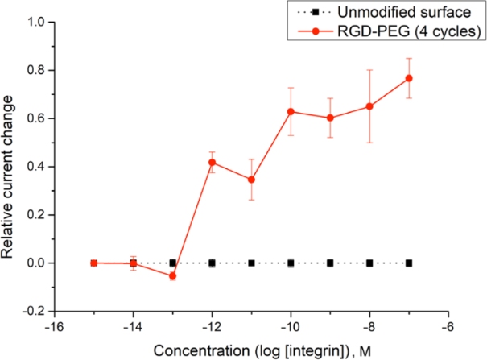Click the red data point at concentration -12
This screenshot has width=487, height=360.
212,162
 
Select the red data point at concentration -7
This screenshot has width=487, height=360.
409,78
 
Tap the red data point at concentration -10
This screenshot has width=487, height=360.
291,111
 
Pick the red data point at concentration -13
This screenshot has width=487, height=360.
172,275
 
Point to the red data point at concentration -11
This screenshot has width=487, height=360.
251,180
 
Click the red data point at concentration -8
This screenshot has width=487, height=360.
369,106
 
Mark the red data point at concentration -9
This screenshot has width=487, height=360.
330,118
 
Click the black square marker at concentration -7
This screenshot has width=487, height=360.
409,263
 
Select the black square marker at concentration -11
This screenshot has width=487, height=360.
251,263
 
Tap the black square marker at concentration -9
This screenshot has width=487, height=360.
330,263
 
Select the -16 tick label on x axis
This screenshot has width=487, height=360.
54,326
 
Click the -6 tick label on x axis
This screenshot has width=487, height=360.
448,326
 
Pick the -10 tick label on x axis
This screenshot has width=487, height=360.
291,326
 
